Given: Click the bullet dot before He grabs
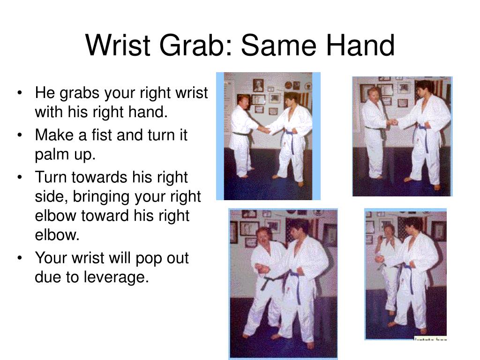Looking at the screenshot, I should pos(19,93).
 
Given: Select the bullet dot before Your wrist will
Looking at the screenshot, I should pos(19,258).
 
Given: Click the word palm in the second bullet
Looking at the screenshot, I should pos(50,155).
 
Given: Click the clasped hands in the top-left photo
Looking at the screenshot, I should pos(263,129).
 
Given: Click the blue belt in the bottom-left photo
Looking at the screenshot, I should pos(295,277).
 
